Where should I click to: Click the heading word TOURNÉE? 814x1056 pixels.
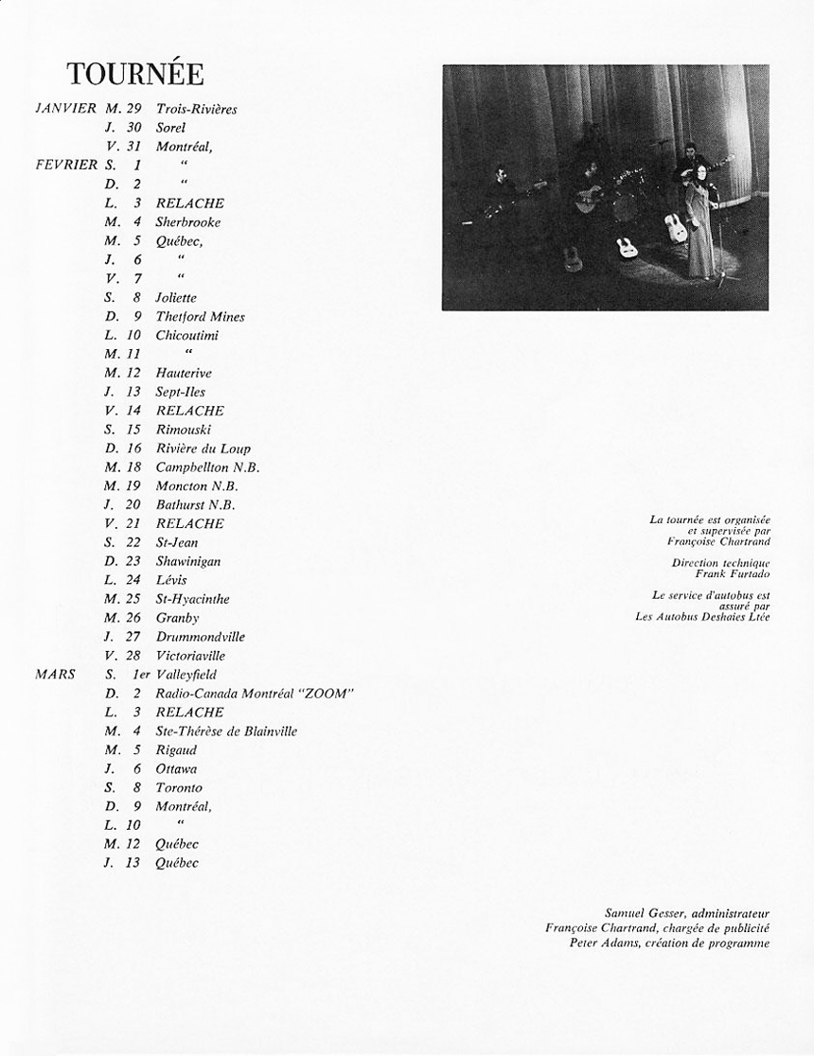[135, 74]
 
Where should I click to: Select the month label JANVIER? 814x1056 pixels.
[65, 109]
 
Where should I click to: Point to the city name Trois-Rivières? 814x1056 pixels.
[196, 109]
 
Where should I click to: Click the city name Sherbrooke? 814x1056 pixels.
[188, 222]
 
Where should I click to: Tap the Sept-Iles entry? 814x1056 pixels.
[180, 392]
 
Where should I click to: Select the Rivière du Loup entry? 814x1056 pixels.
[203, 449]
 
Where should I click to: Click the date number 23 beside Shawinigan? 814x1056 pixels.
[133, 561]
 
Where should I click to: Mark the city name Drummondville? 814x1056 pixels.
[200, 637]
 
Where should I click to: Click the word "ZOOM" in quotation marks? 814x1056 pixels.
[327, 694]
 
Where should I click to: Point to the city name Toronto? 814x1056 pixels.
[179, 787]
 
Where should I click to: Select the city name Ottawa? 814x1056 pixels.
[176, 769]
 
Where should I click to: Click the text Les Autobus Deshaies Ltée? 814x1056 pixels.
[703, 617]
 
